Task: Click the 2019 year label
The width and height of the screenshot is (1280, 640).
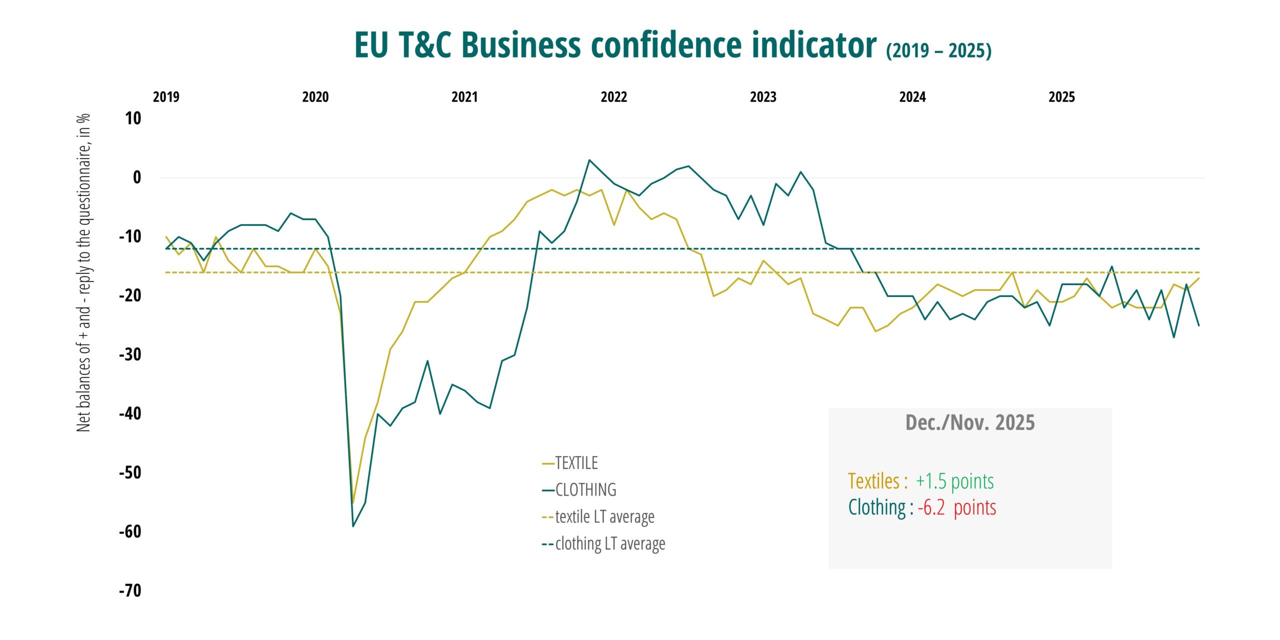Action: point(166,97)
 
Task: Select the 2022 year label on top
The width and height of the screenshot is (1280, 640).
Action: point(613,97)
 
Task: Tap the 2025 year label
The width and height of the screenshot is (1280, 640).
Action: point(1061,97)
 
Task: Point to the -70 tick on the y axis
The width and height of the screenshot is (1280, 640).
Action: point(130,590)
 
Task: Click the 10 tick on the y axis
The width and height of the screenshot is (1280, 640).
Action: point(133,118)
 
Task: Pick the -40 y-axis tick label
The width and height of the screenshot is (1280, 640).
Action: point(130,413)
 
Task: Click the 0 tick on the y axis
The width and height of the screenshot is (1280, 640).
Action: point(137,177)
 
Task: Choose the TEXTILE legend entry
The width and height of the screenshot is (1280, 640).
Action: point(576,463)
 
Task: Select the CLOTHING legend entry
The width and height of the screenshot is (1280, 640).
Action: point(585,489)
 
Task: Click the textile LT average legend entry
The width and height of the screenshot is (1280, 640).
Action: point(604,516)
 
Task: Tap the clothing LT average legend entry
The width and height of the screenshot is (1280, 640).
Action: point(609,543)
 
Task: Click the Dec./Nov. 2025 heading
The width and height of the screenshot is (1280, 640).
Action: point(970,422)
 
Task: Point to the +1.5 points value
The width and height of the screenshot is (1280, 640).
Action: point(954,481)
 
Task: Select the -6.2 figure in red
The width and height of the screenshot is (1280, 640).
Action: point(931,507)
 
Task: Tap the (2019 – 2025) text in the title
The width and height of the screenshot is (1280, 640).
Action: point(938,50)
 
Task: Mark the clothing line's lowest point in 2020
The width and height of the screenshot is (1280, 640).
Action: point(353,526)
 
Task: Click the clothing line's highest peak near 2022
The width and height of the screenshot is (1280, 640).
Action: point(589,160)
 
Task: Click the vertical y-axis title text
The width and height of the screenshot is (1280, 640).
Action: point(83,272)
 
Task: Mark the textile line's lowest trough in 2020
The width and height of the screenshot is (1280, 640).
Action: point(353,502)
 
